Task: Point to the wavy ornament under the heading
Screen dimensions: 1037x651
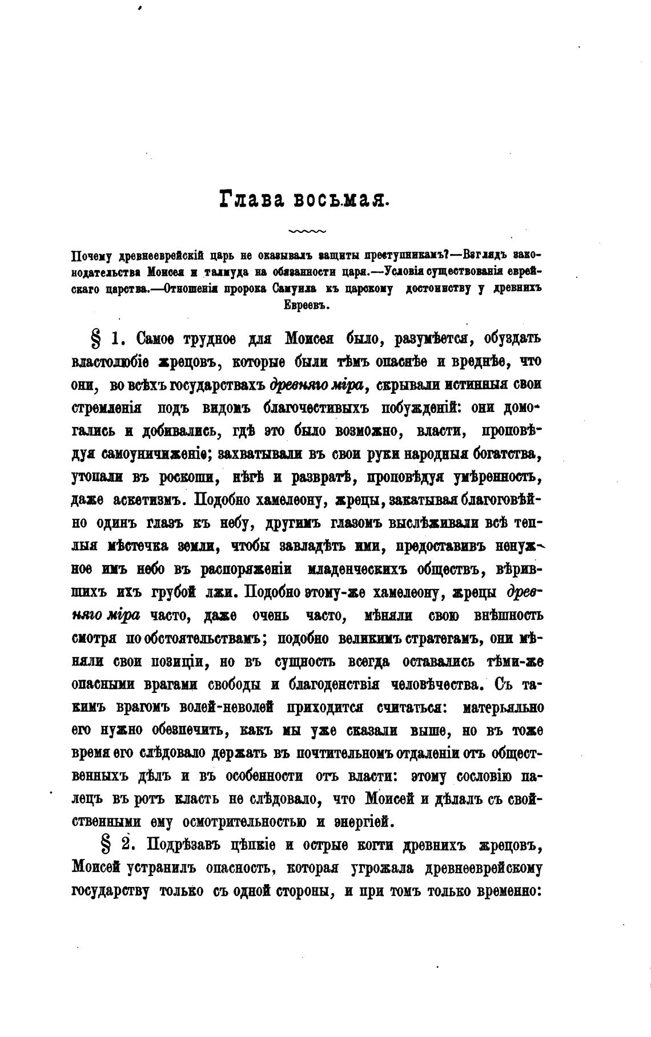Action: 307,232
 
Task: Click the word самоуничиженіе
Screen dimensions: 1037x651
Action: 151,454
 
